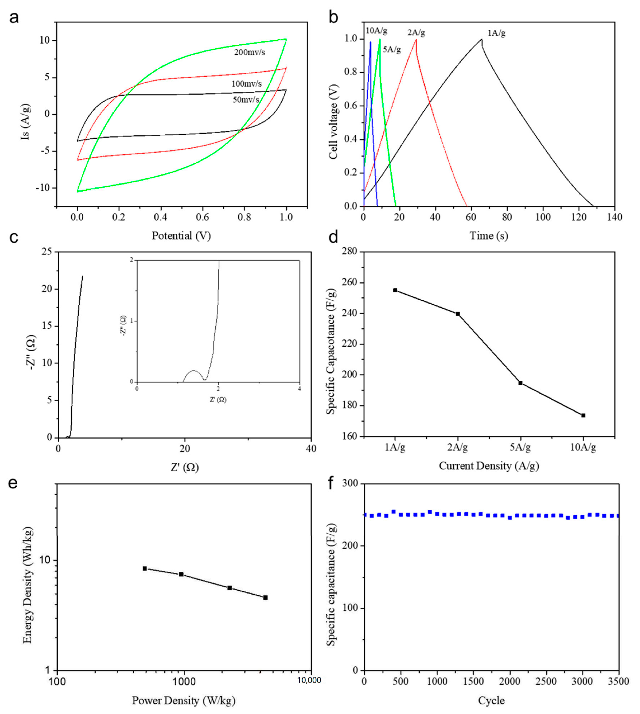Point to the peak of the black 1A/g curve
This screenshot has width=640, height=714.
(481, 39)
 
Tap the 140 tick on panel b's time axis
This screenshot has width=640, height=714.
(614, 217)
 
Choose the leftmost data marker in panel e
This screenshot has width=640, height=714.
(145, 568)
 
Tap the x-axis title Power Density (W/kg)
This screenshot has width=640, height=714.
(183, 701)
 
